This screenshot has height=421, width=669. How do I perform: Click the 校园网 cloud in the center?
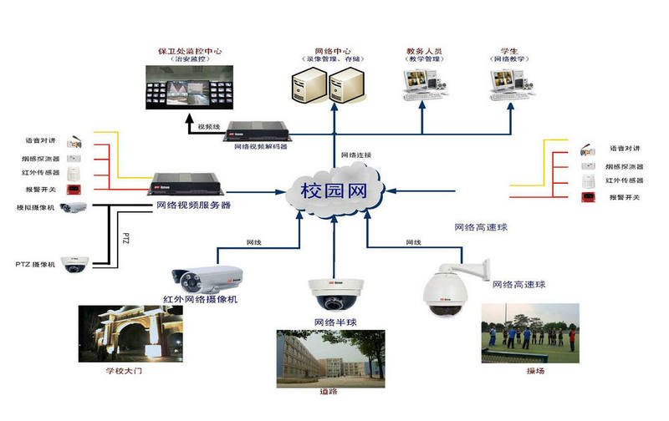click(x=333, y=190)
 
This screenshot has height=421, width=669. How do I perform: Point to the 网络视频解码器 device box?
click(x=261, y=131)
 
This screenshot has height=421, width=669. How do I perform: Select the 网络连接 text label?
click(x=356, y=155)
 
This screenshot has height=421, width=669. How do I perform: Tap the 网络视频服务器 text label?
click(x=193, y=205)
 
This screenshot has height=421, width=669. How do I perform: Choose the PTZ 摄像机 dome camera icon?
click(x=77, y=263)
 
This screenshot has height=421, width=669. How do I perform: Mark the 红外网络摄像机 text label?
click(x=201, y=299)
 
